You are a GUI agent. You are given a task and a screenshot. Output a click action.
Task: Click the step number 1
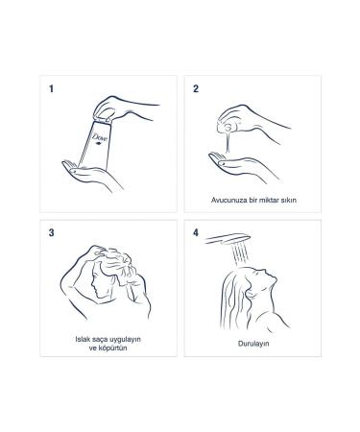(51, 88)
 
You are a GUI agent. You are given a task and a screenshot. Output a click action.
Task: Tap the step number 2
(196, 88)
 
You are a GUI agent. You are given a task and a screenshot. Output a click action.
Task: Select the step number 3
(51, 232)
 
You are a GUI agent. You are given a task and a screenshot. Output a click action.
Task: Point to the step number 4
(196, 232)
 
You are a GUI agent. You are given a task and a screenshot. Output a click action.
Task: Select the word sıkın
(288, 200)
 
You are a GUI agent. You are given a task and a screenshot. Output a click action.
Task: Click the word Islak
(82, 339)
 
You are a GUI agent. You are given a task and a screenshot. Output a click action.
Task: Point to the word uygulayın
(125, 340)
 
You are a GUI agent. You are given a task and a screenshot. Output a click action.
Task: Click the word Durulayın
(253, 344)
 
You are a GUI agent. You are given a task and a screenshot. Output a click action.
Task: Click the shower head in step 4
(228, 239)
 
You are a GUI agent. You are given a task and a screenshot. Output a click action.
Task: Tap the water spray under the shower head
(241, 254)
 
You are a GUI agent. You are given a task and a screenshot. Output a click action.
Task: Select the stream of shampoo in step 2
(228, 142)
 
